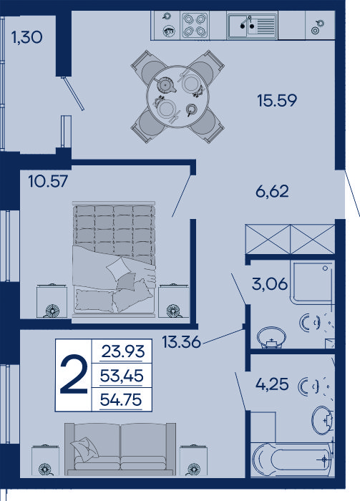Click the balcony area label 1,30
click(26, 37)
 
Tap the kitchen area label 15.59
click(277, 100)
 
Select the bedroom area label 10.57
click(48, 182)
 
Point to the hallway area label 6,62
click(272, 192)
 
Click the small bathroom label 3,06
click(270, 283)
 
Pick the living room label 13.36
click(182, 342)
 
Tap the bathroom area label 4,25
click(272, 384)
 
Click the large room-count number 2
click(74, 374)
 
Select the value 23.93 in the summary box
click(123, 351)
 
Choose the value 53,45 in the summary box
click(122, 376)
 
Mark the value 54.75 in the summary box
click(121, 399)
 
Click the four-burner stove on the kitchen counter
click(194, 25)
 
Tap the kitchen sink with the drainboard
click(253, 25)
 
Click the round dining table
click(177, 96)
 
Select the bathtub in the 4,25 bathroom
click(293, 459)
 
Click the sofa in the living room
click(120, 449)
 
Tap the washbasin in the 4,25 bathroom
click(323, 420)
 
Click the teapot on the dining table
click(165, 85)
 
